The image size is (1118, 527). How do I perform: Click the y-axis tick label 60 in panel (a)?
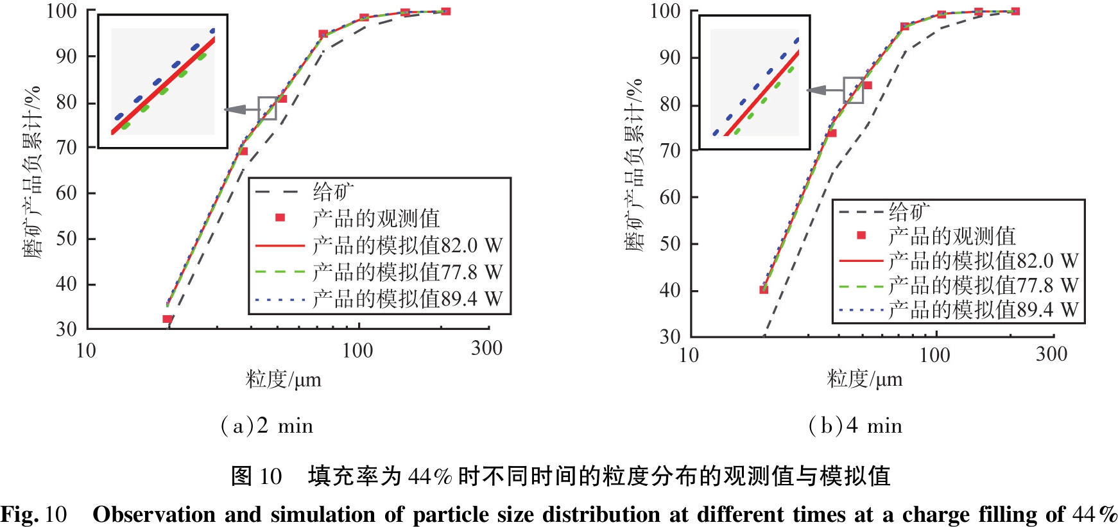coord(66,193)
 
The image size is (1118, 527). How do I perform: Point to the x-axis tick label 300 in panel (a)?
coord(486,349)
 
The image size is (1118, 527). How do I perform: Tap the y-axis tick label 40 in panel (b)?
coord(670,291)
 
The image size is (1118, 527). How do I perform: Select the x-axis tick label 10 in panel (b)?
coord(689,355)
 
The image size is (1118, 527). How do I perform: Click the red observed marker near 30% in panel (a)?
coord(168,319)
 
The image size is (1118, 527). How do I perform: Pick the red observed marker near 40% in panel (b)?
coord(764,289)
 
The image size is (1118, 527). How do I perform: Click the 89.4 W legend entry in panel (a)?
coord(407,299)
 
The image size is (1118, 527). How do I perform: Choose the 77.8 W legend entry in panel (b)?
coord(983,286)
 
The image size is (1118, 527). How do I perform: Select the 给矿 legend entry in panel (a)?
coord(332,191)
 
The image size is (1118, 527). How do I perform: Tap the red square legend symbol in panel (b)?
coord(861,236)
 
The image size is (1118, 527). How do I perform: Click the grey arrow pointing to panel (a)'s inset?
coord(241,110)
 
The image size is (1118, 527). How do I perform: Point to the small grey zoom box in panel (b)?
coord(853,91)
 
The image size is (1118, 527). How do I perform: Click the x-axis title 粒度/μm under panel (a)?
coord(283,379)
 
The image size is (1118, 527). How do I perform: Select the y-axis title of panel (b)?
coord(634,165)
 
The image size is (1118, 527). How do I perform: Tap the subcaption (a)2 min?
coord(267,426)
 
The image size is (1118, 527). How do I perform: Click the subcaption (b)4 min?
coord(856,426)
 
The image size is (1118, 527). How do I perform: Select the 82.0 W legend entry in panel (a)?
coord(407,246)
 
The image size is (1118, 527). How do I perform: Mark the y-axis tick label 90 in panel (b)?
coord(670,58)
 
